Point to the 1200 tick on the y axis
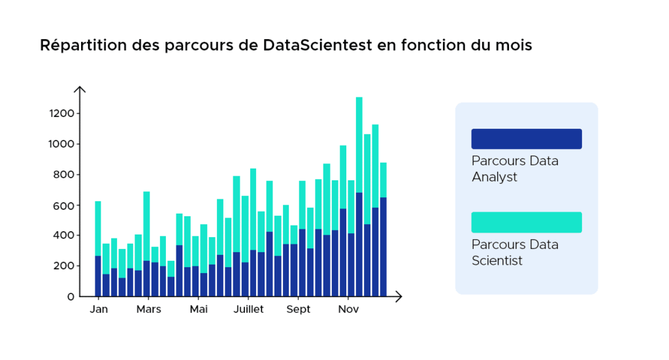coord(61,114)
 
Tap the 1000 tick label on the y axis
coord(61,144)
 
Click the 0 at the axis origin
coord(71,297)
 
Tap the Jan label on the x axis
coord(98,309)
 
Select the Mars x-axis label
coord(148,309)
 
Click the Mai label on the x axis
coord(199,309)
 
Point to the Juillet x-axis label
coord(248,309)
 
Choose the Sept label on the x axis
coord(299,309)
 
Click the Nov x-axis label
coord(348,309)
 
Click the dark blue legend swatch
coord(526,139)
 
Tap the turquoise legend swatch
coord(526,222)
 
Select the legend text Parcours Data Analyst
coord(515,169)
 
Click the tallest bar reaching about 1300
coord(359,196)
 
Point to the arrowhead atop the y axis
coord(79,89)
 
